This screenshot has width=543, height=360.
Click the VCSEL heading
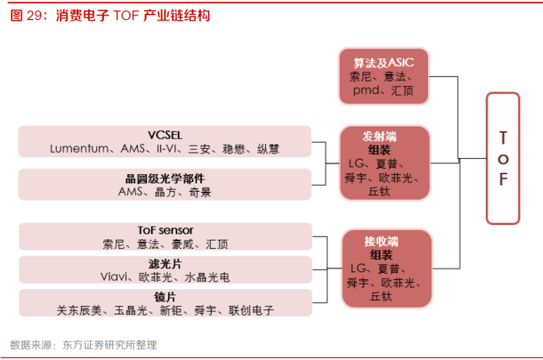[x=165, y=135]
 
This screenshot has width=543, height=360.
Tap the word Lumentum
[x=79, y=149]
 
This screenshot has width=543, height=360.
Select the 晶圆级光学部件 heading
[x=165, y=179]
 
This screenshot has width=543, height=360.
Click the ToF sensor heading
[x=166, y=230]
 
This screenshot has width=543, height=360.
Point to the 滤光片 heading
[x=165, y=264]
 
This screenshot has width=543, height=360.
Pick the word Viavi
[x=113, y=277]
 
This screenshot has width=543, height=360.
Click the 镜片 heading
[x=165, y=297]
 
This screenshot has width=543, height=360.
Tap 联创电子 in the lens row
[x=251, y=311]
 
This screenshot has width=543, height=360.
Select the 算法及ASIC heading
[x=384, y=62]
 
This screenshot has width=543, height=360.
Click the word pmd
[x=366, y=91]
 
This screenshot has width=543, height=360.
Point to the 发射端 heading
[x=380, y=136]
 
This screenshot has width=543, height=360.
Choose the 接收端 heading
[x=381, y=241]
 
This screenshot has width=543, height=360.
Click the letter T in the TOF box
[x=503, y=138]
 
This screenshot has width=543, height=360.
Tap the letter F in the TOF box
[x=503, y=180]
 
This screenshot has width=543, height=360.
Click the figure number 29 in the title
[x=35, y=15]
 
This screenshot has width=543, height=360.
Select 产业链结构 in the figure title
[x=176, y=15]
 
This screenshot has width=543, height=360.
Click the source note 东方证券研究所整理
[x=109, y=345]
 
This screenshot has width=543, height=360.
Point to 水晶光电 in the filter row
[x=207, y=278]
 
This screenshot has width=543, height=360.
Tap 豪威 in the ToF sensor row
[x=183, y=244]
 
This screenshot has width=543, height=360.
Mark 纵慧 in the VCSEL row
[x=268, y=149]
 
